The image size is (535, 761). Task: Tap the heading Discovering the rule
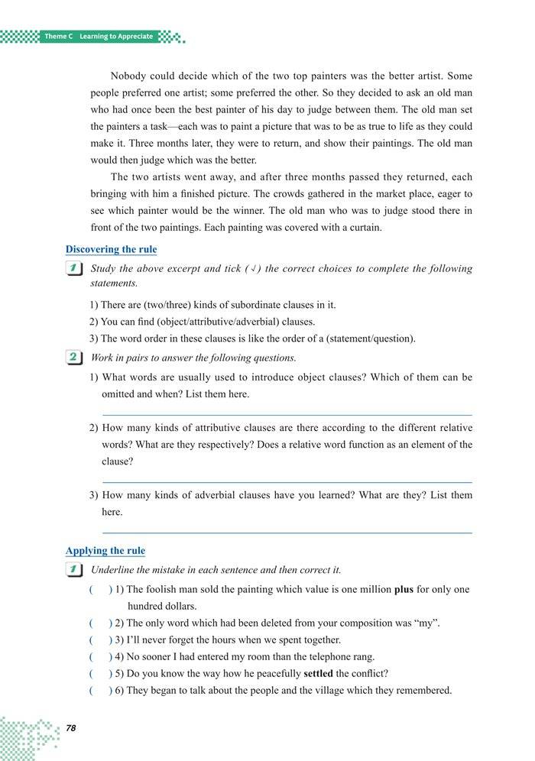(111, 249)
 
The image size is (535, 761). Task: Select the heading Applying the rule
(105, 550)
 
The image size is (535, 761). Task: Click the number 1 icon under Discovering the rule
(74, 269)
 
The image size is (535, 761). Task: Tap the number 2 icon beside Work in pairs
(74, 358)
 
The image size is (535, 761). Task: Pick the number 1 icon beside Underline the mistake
(74, 570)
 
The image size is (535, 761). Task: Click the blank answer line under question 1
(287, 414)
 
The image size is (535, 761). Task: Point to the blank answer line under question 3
(287, 533)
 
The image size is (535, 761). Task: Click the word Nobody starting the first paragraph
(128, 76)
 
